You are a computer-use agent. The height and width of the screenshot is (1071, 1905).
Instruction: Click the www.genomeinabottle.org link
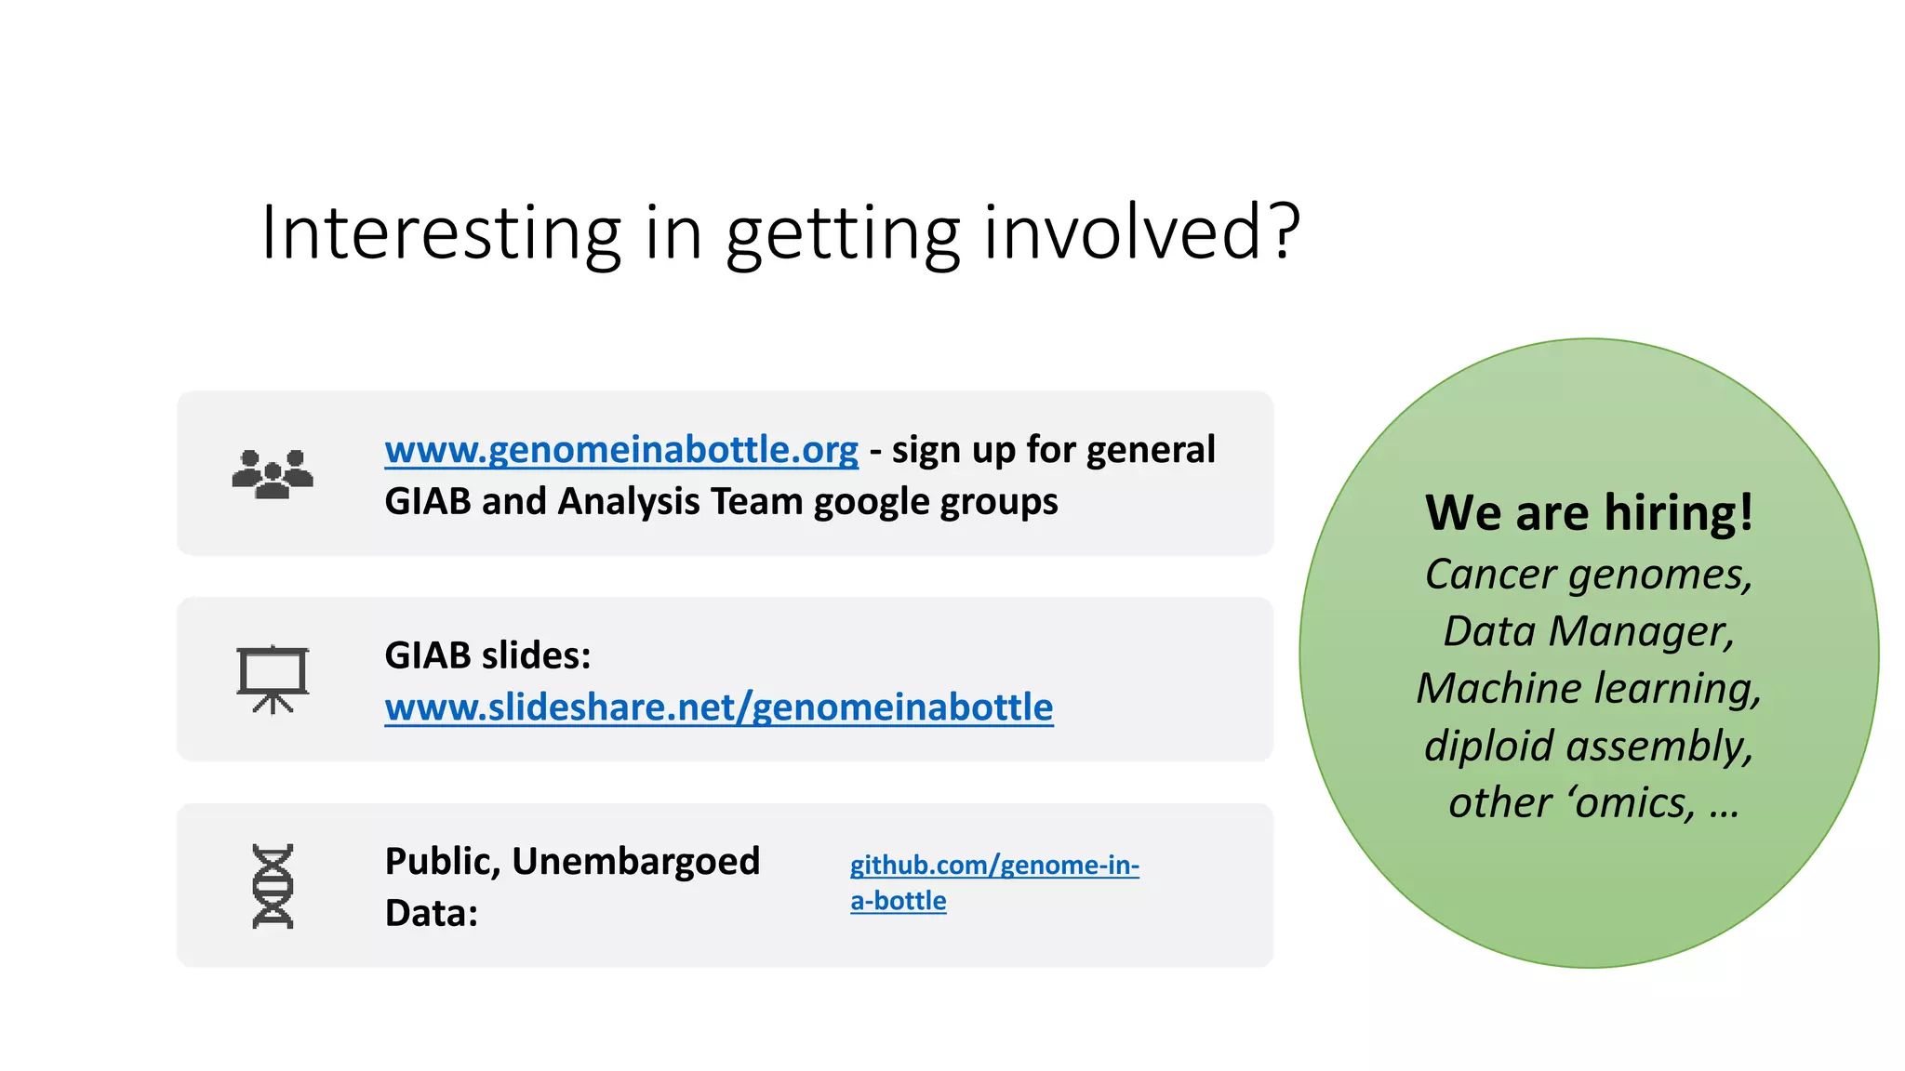pyautogui.click(x=621, y=450)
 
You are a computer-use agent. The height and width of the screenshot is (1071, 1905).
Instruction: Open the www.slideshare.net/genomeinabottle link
pyautogui.click(x=718, y=707)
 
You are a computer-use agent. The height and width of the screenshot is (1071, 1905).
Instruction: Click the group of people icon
pyautogui.click(x=273, y=474)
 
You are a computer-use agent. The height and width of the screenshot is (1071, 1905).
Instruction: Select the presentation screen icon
pyautogui.click(x=273, y=680)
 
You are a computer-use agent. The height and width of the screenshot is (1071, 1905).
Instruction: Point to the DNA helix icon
pyautogui.click(x=273, y=886)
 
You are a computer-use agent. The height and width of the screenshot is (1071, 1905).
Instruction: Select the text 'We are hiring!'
pyautogui.click(x=1589, y=513)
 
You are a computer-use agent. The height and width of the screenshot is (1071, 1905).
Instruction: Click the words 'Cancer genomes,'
pyautogui.click(x=1589, y=575)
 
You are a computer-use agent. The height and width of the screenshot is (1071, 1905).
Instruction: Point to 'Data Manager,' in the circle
pyautogui.click(x=1589, y=632)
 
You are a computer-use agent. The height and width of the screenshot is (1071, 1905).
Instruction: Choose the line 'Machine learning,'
pyautogui.click(x=1589, y=689)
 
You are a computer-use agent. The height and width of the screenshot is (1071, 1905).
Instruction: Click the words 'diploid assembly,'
pyautogui.click(x=1589, y=747)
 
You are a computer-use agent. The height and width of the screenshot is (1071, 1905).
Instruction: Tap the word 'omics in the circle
pyautogui.click(x=1632, y=803)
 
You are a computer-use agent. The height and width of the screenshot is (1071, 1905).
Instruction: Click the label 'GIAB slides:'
pyautogui.click(x=487, y=655)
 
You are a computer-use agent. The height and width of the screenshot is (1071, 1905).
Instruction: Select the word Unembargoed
pyautogui.click(x=635, y=862)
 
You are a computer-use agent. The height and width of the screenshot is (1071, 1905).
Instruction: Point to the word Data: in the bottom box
pyautogui.click(x=431, y=913)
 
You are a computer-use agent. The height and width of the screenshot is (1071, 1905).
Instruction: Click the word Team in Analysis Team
pyautogui.click(x=756, y=502)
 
